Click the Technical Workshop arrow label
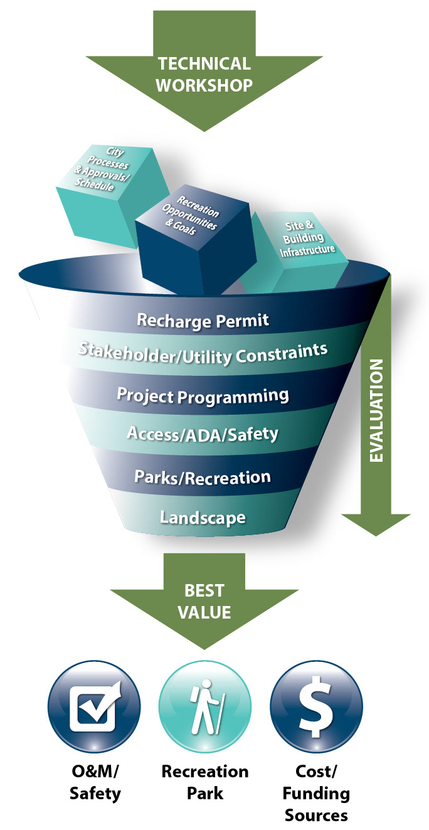click(x=204, y=74)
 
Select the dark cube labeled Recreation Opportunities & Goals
click(x=196, y=240)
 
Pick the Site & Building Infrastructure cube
click(x=297, y=252)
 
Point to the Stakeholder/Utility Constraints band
click(x=203, y=354)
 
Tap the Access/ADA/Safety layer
click(x=203, y=434)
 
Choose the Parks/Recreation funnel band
click(x=203, y=477)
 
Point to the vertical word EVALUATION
click(x=376, y=410)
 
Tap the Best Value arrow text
click(x=204, y=601)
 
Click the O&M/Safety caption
click(x=95, y=782)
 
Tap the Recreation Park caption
click(x=205, y=782)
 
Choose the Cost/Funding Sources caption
click(x=316, y=793)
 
